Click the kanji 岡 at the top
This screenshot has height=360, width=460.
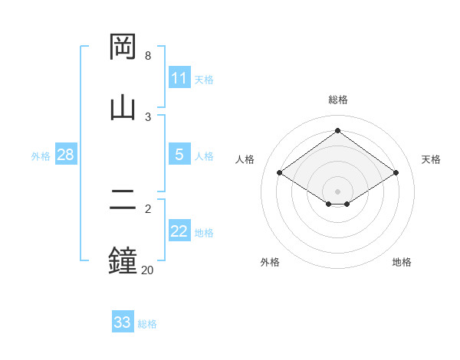pos(123,47)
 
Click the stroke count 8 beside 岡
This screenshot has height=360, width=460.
pos(148,56)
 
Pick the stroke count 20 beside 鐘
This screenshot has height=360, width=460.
pos(147,270)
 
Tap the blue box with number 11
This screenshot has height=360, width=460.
pos(179,78)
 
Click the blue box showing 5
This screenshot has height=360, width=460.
pos(179,155)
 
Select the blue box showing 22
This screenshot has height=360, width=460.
pos(179,231)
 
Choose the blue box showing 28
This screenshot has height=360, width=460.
pos(66,155)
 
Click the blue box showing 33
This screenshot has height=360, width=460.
pos(123,322)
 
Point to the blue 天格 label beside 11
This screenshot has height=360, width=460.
pos(204,79)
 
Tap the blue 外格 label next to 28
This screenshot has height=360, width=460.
pos(41,155)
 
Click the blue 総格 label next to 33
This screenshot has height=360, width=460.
pos(147,324)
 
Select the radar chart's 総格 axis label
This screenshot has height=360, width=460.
pos(338,100)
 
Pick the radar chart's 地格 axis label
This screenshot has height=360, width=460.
pos(402,262)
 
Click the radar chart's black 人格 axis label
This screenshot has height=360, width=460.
pos(245,159)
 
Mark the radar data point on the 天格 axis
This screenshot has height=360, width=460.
pos(396,173)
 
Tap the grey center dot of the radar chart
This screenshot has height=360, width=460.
pos(338,191)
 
